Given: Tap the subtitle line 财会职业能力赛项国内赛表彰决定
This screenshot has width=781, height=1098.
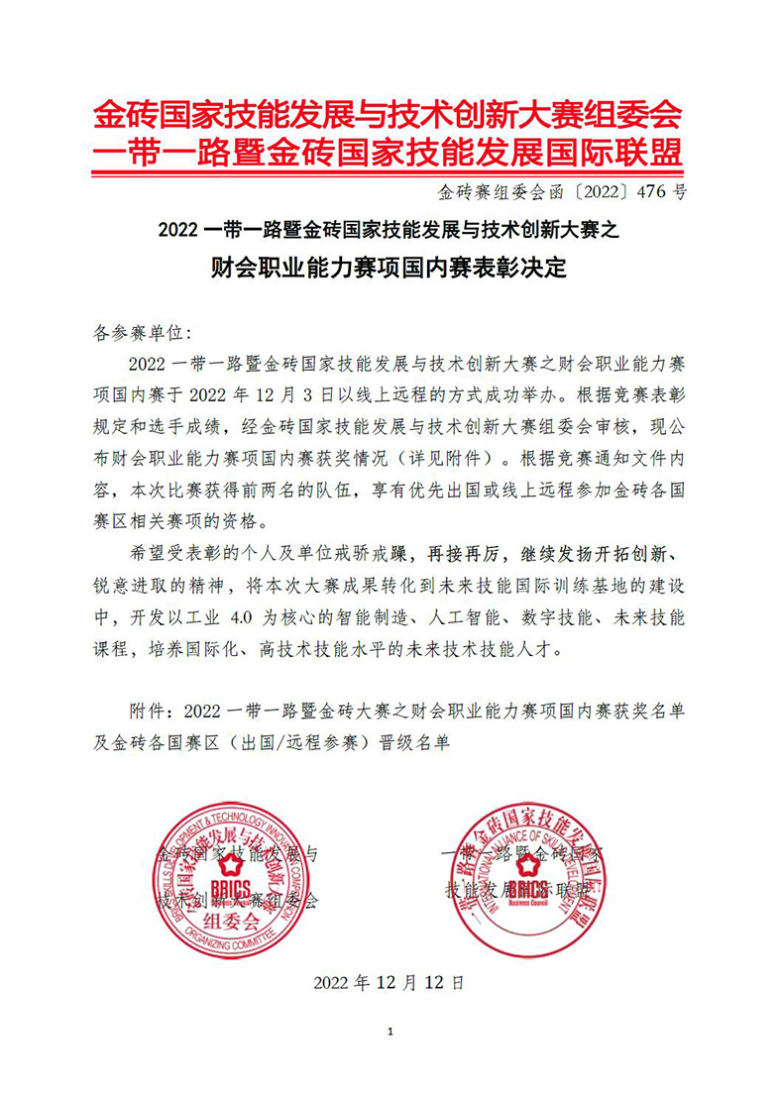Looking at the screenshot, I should point(390,268).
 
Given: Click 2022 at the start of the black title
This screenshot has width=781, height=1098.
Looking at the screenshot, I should point(178,231).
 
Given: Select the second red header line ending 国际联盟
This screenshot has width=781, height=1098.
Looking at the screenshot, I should point(390,155).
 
